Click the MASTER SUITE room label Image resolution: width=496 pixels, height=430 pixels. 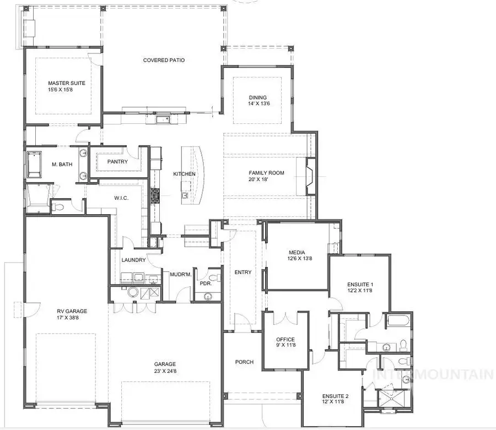tap(67, 83)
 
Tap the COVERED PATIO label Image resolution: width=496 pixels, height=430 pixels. tap(164, 60)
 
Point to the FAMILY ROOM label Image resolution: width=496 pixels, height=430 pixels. tap(266, 173)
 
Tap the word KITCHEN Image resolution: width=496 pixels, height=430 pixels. tap(184, 174)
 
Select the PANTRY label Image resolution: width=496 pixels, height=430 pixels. tap(117, 162)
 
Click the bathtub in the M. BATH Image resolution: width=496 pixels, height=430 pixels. tap(34, 164)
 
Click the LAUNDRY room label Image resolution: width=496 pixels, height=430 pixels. tap(133, 260)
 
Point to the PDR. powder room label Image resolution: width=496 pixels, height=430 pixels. tap(206, 284)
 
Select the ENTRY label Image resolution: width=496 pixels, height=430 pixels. tap(242, 273)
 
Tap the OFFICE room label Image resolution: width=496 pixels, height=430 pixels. tap(285, 340)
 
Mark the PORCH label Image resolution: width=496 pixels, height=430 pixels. tap(244, 362)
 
